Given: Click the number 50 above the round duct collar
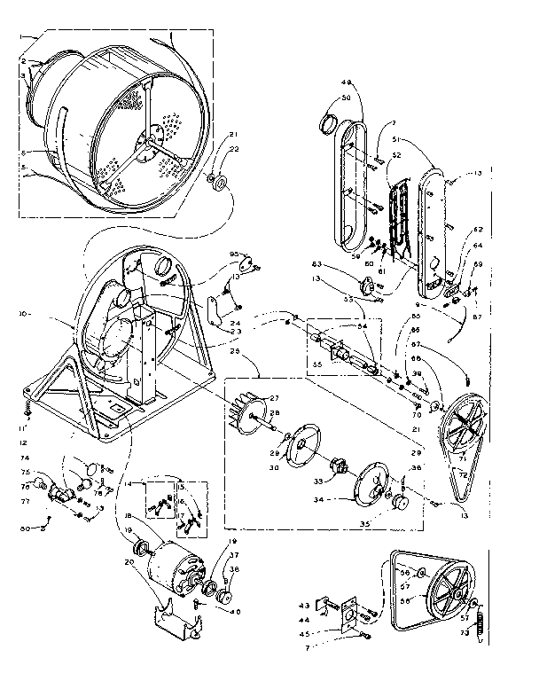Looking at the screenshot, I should tap(347, 97).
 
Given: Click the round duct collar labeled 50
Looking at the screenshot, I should tap(327, 120).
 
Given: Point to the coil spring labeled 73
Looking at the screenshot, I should tap(480, 615).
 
